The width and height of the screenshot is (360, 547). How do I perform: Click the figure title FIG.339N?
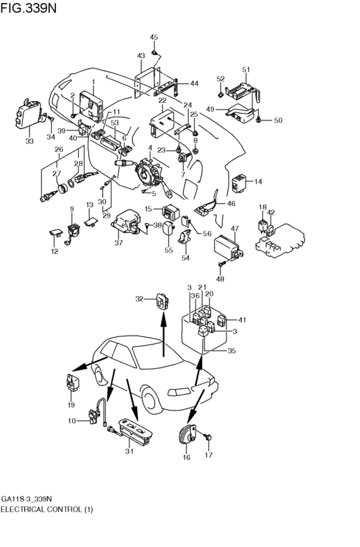point(28,8)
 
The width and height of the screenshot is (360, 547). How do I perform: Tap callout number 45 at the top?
point(154,37)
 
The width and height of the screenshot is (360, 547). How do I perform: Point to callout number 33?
point(30,141)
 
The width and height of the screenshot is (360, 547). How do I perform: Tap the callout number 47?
point(235,229)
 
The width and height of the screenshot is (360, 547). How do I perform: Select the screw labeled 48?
point(221,265)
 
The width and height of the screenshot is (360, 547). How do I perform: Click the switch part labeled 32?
point(161,301)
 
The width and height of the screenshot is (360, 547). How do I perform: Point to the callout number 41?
point(242,319)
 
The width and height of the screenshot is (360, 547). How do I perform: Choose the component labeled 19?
point(71,383)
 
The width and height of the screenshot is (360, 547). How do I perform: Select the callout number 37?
point(118,243)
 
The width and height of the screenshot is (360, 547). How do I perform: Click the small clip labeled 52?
point(220,94)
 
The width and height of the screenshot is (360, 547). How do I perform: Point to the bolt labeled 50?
point(258,120)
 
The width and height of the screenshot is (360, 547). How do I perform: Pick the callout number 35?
point(231,351)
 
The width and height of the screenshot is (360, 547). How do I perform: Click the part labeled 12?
point(55,232)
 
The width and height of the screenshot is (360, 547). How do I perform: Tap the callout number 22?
point(163,101)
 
